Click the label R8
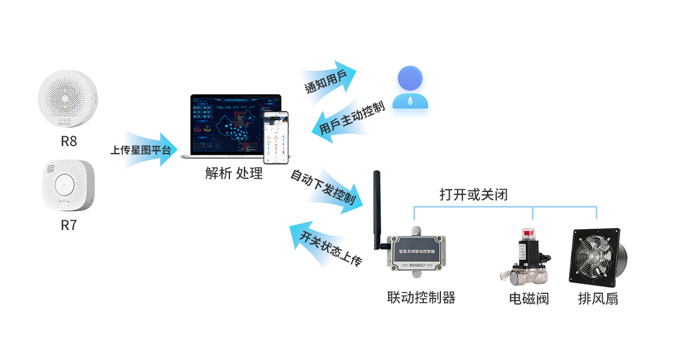pos(68,141)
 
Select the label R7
pos(68,225)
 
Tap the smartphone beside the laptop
pos(277,137)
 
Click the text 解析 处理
pos(234,173)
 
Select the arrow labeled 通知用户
pos(328,81)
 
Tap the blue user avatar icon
pos(410,88)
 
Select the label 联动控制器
pos(421,298)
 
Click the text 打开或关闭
pos(473,194)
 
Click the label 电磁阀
pos(528,298)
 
